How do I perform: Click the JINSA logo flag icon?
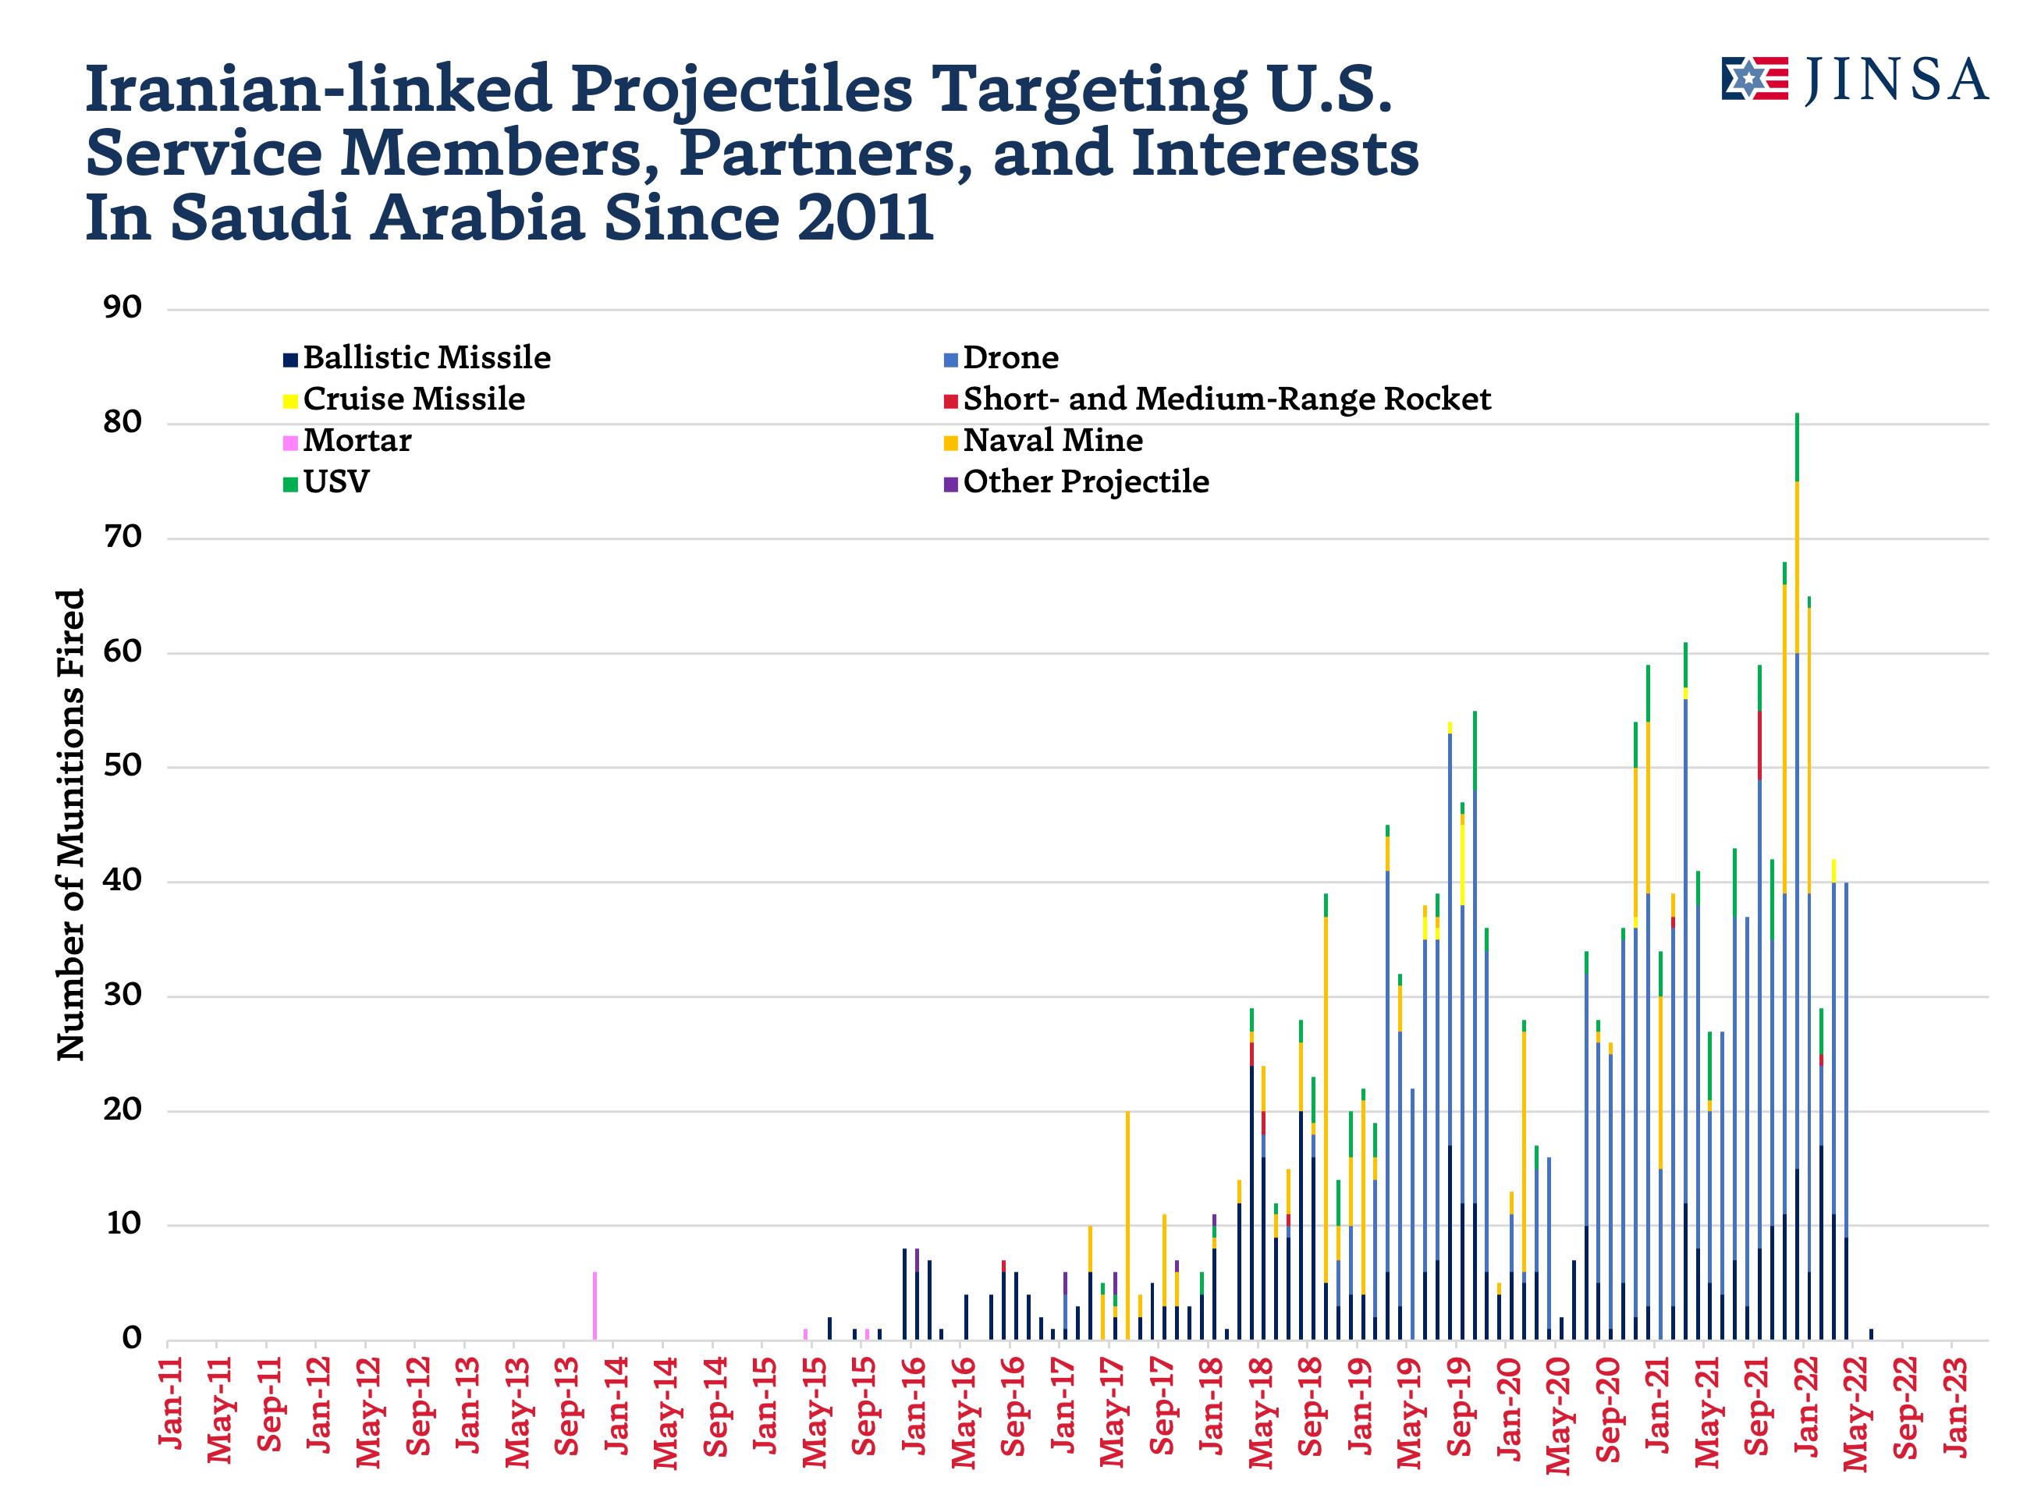(x=1754, y=79)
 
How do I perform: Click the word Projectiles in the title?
(x=741, y=90)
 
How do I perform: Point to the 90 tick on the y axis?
(x=122, y=308)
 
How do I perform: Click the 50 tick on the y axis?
(x=122, y=766)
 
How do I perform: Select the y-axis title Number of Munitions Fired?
(x=70, y=824)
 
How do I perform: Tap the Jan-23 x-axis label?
(x=1955, y=1405)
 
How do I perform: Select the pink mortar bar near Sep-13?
(x=595, y=1305)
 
